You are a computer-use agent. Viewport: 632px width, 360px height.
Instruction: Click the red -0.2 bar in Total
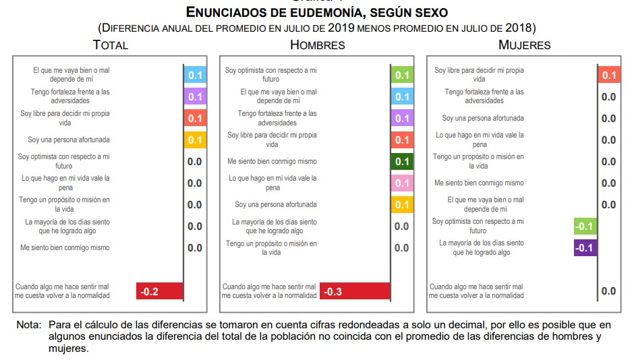tap(160, 291)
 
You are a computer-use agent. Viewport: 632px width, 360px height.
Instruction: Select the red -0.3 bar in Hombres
tap(355, 291)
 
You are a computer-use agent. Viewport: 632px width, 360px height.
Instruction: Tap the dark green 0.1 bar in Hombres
tap(402, 162)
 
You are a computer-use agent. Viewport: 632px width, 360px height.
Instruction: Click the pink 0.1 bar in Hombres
tap(402, 183)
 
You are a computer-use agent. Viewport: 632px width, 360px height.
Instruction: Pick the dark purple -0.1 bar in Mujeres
tap(584, 248)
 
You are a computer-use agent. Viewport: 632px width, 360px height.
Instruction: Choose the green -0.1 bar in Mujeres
tap(584, 227)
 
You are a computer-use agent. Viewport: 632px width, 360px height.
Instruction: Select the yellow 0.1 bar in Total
tap(195, 140)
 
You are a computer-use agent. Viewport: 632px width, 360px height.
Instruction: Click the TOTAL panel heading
tap(111, 45)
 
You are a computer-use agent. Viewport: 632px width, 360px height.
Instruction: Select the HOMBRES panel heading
tap(317, 45)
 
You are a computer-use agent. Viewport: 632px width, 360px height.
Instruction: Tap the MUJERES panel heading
tap(524, 45)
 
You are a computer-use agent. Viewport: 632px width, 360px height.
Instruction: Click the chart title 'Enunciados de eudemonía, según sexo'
tap(316, 13)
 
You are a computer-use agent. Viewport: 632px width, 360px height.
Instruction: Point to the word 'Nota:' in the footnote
tap(29, 325)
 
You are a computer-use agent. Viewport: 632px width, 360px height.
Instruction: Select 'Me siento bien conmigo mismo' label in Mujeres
tap(479, 183)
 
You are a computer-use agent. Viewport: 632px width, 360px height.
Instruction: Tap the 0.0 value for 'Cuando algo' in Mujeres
tap(608, 291)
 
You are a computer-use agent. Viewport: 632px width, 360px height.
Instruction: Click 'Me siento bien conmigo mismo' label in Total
tap(65, 248)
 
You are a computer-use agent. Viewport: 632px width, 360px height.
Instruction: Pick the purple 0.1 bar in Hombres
tap(402, 119)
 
